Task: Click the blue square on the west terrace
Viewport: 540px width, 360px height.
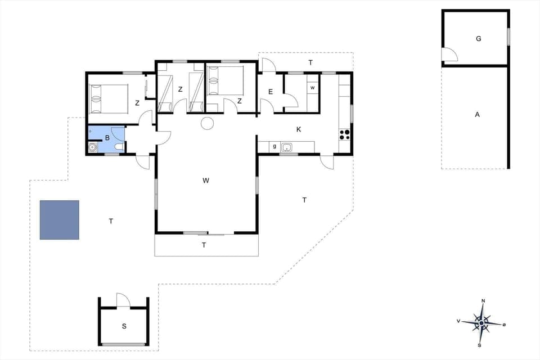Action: point(59,220)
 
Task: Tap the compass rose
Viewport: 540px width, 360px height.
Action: point(481,322)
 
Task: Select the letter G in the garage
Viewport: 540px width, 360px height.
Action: point(478,39)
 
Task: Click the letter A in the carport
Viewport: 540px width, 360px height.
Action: point(477,115)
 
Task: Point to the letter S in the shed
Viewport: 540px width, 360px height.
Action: point(124,326)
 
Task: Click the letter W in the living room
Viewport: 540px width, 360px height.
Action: point(206,181)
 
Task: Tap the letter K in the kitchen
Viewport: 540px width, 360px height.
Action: point(299,129)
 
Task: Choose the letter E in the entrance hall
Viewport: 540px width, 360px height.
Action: point(271,92)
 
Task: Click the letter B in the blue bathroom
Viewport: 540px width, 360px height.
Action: point(107,137)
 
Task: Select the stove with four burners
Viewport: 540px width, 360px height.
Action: point(345,134)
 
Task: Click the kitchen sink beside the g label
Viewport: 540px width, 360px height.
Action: point(287,147)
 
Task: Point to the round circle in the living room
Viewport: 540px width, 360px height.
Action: point(207,123)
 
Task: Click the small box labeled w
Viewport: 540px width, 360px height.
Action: point(313,88)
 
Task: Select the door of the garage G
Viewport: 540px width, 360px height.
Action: point(449,55)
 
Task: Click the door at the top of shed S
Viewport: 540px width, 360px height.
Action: point(123,300)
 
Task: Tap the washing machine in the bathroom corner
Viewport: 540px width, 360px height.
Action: point(93,148)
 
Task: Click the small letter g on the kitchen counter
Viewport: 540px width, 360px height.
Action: point(274,147)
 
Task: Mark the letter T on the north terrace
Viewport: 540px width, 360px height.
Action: point(310,62)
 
